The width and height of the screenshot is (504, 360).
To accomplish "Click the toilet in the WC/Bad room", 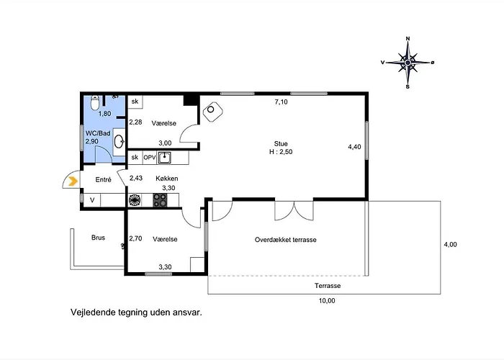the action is pos(95,102).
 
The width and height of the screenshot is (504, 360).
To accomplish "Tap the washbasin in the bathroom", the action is pos(120,141).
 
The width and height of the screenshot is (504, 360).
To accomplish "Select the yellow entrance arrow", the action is pos(73,181).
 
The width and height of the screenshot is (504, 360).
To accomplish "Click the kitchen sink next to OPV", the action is pos(164,158).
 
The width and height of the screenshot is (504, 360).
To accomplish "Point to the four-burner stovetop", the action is pos(160,200).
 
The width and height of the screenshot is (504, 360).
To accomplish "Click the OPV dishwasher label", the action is pos(150,158).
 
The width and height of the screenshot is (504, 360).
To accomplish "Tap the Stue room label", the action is pos(281,144).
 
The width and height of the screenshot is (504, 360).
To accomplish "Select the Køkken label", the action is pos(167,179).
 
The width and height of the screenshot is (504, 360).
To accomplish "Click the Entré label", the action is pos(103,180).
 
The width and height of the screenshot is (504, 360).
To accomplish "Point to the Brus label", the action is pos(98,238).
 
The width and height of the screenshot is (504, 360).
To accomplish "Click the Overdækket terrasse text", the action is pos(285,240).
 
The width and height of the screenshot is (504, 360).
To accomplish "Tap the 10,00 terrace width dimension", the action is pos(327,301).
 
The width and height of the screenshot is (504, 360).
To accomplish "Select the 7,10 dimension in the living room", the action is pos(281,102).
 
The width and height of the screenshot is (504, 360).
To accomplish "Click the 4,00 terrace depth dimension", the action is pos(450,245).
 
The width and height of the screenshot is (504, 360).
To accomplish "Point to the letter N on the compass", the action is pos(408,39).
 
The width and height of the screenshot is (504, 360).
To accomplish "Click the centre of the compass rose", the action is pos(408,63).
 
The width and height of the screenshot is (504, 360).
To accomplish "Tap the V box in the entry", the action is pos(92,200).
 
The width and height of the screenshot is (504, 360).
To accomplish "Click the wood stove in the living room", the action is pos(213,112).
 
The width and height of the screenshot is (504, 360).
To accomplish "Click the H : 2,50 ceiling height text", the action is pos(281,152).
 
